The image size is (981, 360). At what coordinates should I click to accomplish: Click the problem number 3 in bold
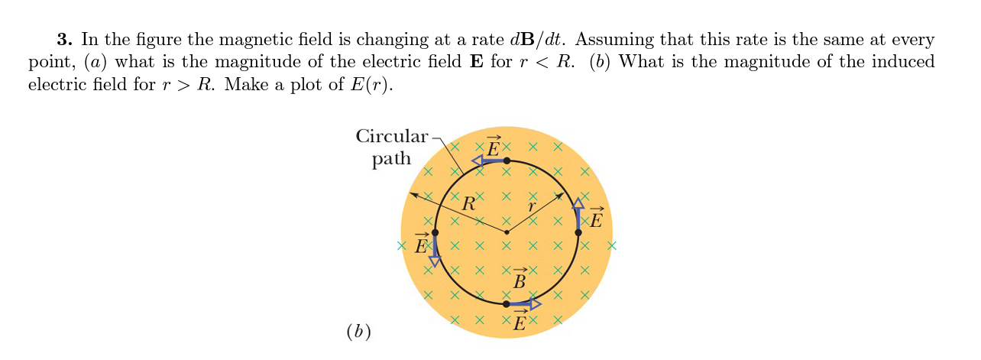point(63,39)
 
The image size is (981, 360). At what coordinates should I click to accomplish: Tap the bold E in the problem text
point(474,62)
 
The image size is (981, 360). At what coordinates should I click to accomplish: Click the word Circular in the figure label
point(392,136)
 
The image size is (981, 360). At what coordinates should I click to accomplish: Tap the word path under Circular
point(391,159)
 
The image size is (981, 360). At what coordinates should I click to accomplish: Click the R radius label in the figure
point(468,204)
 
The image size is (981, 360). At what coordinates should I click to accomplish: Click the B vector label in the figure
point(520,280)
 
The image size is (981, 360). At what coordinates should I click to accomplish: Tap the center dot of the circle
point(507,232)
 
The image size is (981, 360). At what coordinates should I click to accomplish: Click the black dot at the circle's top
point(507,161)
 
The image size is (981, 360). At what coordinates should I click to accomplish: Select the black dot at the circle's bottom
point(507,303)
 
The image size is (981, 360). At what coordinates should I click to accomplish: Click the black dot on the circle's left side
point(435,232)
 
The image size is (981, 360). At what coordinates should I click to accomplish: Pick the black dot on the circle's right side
point(578,232)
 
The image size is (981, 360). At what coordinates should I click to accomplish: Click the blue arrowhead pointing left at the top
point(478,161)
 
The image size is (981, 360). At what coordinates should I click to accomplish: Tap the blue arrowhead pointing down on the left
point(435,261)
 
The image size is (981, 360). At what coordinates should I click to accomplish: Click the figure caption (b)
point(358,332)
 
